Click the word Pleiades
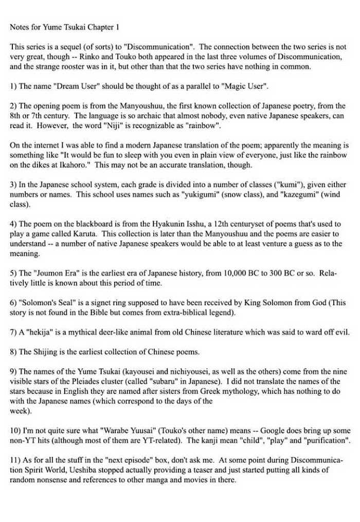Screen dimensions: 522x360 pyautogui.click(x=111, y=382)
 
